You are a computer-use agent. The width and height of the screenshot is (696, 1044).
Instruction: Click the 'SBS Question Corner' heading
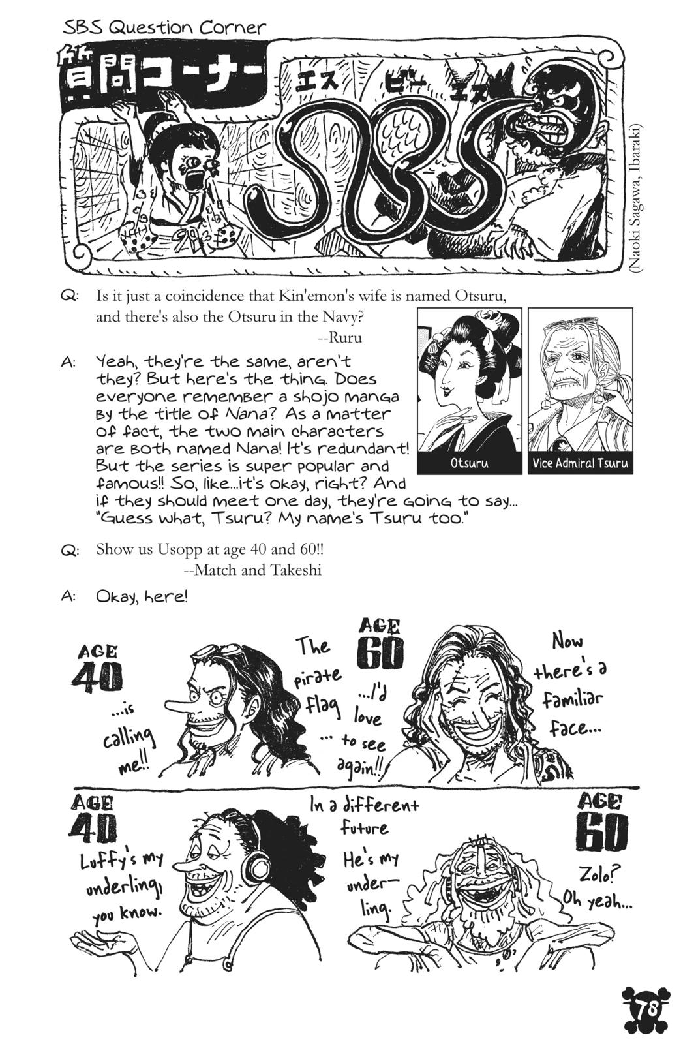pos(165,27)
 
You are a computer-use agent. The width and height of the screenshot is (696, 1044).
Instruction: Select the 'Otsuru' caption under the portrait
pos(469,463)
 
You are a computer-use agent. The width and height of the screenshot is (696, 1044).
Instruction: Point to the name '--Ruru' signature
pos(340,337)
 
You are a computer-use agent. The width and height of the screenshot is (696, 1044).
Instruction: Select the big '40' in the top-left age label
pos(97,679)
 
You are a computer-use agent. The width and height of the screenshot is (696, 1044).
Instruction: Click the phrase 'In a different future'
pos(364,816)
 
